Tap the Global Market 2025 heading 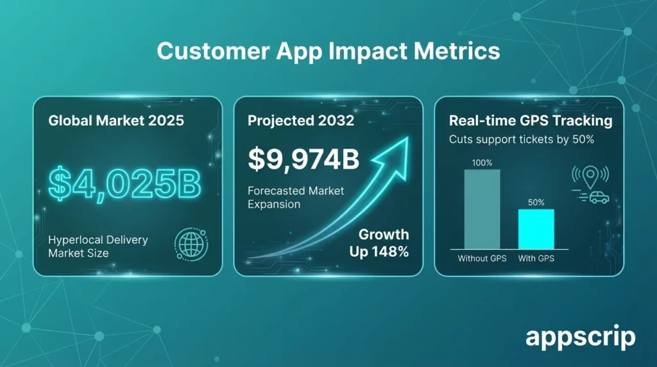[116, 121]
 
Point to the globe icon [187, 244]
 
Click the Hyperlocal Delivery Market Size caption [98, 246]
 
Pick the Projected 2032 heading [301, 121]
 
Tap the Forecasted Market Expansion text [296, 197]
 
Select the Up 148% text [379, 252]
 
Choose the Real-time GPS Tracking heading [530, 121]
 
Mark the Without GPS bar [482, 209]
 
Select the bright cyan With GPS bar [536, 228]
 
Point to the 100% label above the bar [482, 163]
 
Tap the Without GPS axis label [482, 259]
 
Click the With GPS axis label [536, 259]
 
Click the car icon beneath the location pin [599, 197]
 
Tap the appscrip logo [580, 337]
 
